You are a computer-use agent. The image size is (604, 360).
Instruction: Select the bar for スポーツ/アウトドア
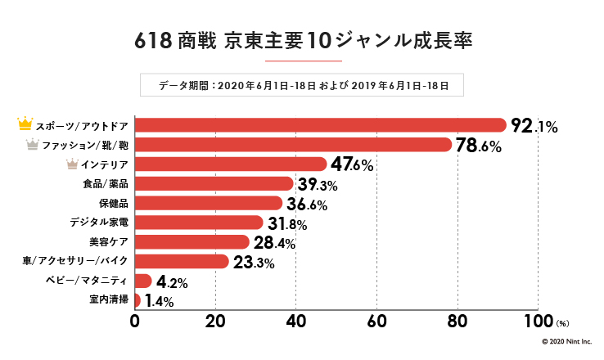click(x=320, y=125)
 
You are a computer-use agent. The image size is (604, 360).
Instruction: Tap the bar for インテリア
click(x=230, y=164)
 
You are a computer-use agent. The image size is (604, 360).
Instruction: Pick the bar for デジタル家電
click(x=198, y=223)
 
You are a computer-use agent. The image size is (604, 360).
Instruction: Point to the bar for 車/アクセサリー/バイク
click(x=181, y=262)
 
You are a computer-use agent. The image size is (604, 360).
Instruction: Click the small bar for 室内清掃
click(x=137, y=300)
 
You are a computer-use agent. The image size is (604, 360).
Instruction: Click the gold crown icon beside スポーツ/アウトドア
click(x=25, y=124)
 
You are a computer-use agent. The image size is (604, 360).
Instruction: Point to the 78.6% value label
click(x=478, y=146)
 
